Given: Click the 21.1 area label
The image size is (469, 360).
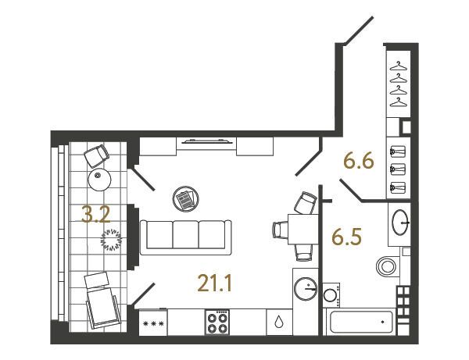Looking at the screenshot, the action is tap(214, 283).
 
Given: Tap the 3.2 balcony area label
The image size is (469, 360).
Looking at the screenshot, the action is tap(96, 215).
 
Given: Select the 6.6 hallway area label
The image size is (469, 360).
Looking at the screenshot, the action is tap(359, 162).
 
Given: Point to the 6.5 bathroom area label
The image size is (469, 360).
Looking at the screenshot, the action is tap(347, 237).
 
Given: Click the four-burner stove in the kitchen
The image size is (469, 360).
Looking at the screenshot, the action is tap(217, 322).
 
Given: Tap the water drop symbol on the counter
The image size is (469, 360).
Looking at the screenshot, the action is tap(279, 322).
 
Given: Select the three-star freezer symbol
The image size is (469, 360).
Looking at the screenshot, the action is tap(154, 323).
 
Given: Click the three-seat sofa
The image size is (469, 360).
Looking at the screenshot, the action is tap(186, 237).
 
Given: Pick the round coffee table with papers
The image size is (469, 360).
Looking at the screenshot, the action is tap(186, 198).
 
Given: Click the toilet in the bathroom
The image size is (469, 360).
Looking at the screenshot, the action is tap(388, 266).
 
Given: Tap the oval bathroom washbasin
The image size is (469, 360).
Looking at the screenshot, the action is tap(400, 223).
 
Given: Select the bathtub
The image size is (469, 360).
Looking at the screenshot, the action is tap(361, 322).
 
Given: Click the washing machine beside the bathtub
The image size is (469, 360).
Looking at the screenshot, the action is tap(331, 295).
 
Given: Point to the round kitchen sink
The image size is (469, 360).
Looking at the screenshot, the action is tap(306, 289).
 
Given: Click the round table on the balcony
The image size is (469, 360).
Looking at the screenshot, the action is tap(99, 180).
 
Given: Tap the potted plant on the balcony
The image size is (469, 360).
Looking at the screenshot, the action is tap(112, 240).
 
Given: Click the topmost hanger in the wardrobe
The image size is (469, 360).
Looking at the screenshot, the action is tap(399, 66).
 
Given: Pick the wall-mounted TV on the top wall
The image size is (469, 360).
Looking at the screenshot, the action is tap(208, 141).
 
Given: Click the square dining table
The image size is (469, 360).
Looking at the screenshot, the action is tap(303, 230).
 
